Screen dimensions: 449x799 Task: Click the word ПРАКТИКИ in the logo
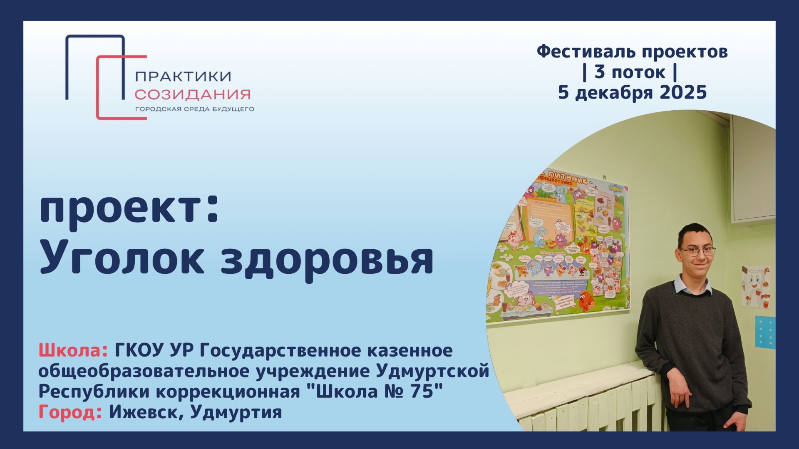click(x=183, y=76)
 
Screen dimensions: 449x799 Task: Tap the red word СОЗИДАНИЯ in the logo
click(x=192, y=94)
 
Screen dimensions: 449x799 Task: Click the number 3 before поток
click(x=599, y=72)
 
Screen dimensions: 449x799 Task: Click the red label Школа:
click(x=73, y=350)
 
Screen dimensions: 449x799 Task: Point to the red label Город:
click(x=70, y=412)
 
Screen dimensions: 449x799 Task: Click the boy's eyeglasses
click(x=697, y=251)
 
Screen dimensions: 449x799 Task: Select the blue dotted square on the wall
click(x=765, y=332)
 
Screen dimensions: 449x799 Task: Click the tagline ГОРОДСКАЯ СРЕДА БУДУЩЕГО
click(x=194, y=109)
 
